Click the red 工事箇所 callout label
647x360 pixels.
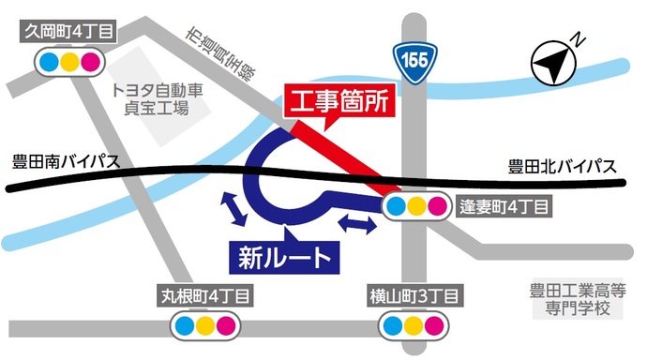click(340, 100)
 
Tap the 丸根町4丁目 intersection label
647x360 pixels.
click(204, 297)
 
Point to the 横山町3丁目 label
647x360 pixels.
click(413, 297)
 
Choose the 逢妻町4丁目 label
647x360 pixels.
click(503, 205)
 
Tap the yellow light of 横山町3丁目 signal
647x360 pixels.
click(413, 327)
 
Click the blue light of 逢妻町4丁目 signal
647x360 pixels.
click(397, 206)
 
